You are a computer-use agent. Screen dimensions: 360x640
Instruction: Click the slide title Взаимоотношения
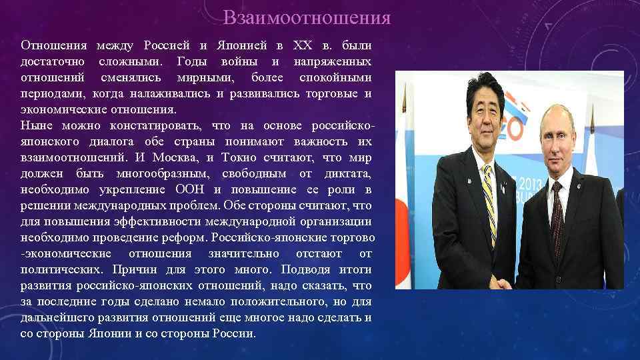coord(307,17)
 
